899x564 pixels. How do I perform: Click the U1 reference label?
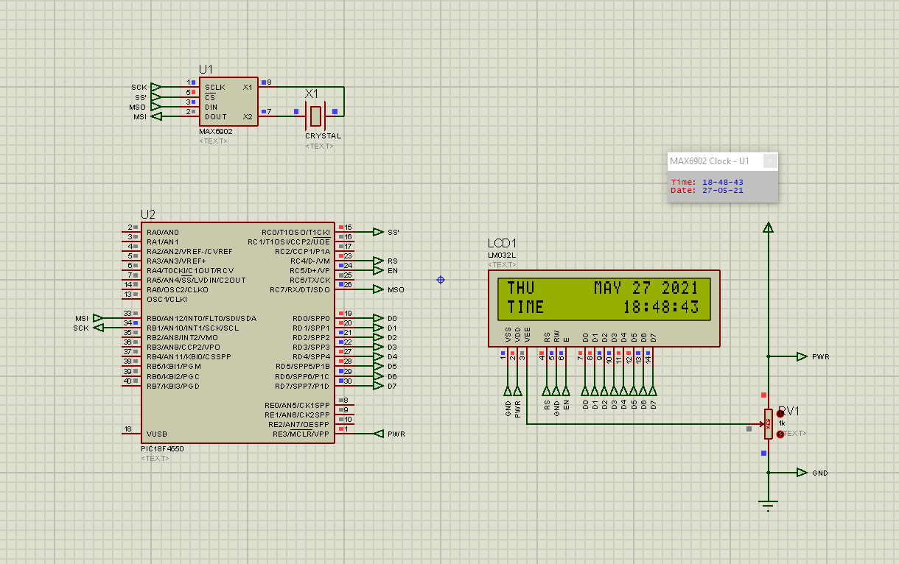(206, 69)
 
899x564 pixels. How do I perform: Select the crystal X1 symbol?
(315, 115)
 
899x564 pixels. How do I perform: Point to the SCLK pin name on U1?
(215, 87)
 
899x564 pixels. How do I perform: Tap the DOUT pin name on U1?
(216, 116)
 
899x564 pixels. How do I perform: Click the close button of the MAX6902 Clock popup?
(769, 161)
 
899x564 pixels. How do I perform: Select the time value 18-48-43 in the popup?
(722, 182)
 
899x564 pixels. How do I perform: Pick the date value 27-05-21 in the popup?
(722, 191)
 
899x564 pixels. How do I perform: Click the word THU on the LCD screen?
(520, 288)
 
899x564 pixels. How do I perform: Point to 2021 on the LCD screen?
(679, 288)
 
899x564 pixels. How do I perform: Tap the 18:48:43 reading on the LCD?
(660, 307)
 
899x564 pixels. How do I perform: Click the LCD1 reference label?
(503, 244)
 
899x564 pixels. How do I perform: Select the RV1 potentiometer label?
(788, 411)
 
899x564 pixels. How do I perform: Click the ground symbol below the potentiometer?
(769, 504)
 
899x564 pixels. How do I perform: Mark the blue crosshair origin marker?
(441, 280)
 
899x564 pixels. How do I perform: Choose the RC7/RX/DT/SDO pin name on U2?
(300, 289)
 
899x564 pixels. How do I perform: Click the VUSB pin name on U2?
(157, 434)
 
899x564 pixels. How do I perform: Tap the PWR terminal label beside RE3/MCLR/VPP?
(396, 434)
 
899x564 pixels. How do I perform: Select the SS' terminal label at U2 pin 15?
(393, 232)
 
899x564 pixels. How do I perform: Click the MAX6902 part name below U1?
(215, 132)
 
